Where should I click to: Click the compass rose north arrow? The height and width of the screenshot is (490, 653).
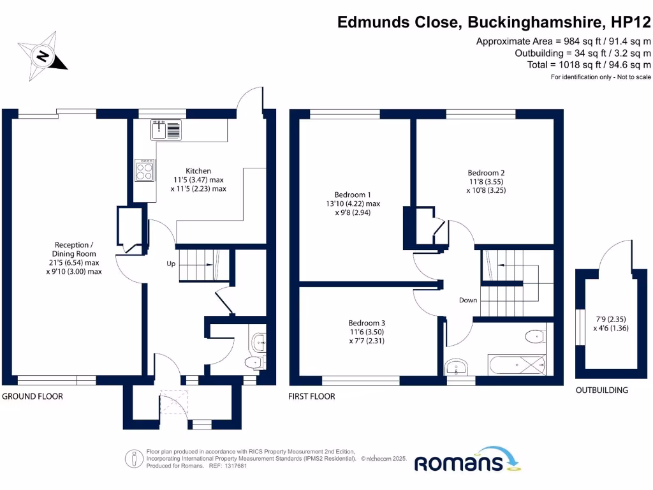coord(43,56)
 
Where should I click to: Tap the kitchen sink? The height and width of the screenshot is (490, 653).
coord(166,130)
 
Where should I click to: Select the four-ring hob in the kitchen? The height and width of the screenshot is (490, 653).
coord(145,171)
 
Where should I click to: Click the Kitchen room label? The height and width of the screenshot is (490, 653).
coord(198,171)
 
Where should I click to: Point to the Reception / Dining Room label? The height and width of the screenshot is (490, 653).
coord(77,244)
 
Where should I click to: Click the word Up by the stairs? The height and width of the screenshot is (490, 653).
coord(171,263)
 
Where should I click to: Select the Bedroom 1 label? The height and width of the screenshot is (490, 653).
coord(352,195)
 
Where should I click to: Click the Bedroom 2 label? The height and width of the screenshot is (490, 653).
coord(486,173)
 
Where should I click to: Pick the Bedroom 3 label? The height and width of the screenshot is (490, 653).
coord(367,323)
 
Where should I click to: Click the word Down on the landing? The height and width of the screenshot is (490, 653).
coord(468,300)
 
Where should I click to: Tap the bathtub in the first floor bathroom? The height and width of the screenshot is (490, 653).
coord(517,366)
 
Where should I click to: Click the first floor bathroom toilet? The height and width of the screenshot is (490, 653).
coord(533,336)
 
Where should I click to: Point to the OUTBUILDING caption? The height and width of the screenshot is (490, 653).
coord(601,390)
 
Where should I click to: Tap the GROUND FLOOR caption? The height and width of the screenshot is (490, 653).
coord(33,396)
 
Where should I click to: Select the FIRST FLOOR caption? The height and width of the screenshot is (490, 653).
coord(312,396)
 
